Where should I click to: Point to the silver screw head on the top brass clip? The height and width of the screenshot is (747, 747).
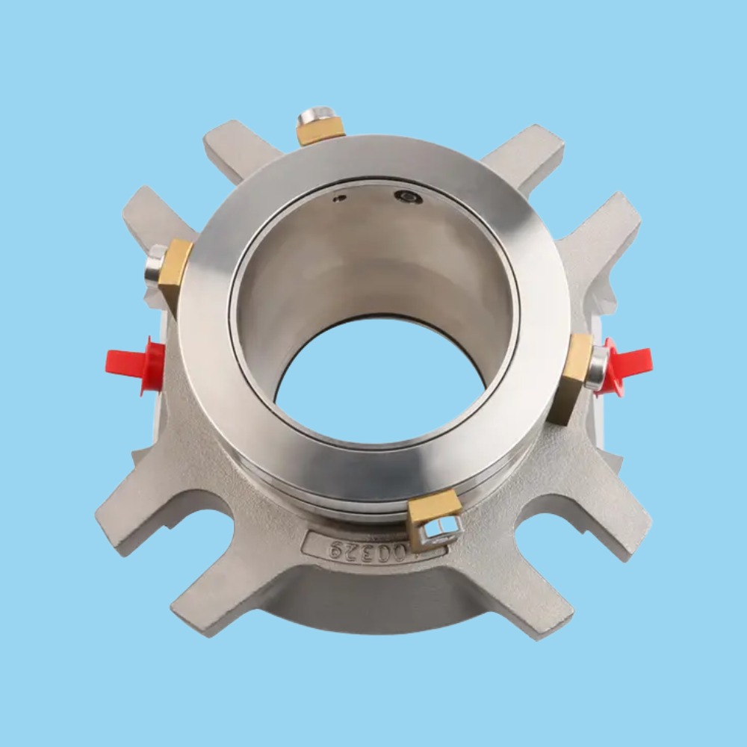click(x=317, y=116)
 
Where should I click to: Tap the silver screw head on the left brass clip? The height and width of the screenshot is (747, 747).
click(x=155, y=266)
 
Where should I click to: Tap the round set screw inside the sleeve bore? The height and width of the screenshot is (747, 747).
click(x=409, y=197)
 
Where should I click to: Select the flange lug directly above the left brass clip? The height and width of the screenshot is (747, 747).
click(x=153, y=213)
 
